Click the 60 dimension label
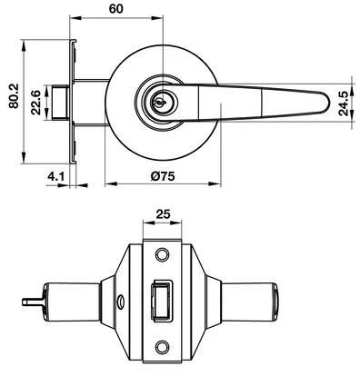pyautogui.click(x=116, y=8)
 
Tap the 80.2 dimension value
pyautogui.click(x=14, y=96)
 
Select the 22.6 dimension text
pyautogui.click(x=36, y=103)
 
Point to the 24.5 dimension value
pyautogui.click(x=345, y=103)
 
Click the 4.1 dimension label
pyautogui.click(x=55, y=176)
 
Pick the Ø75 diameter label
pyautogui.click(x=163, y=176)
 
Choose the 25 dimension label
pyautogui.click(x=163, y=214)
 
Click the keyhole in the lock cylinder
pyautogui.click(x=158, y=103)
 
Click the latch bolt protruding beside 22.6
pyautogui.click(x=60, y=103)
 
